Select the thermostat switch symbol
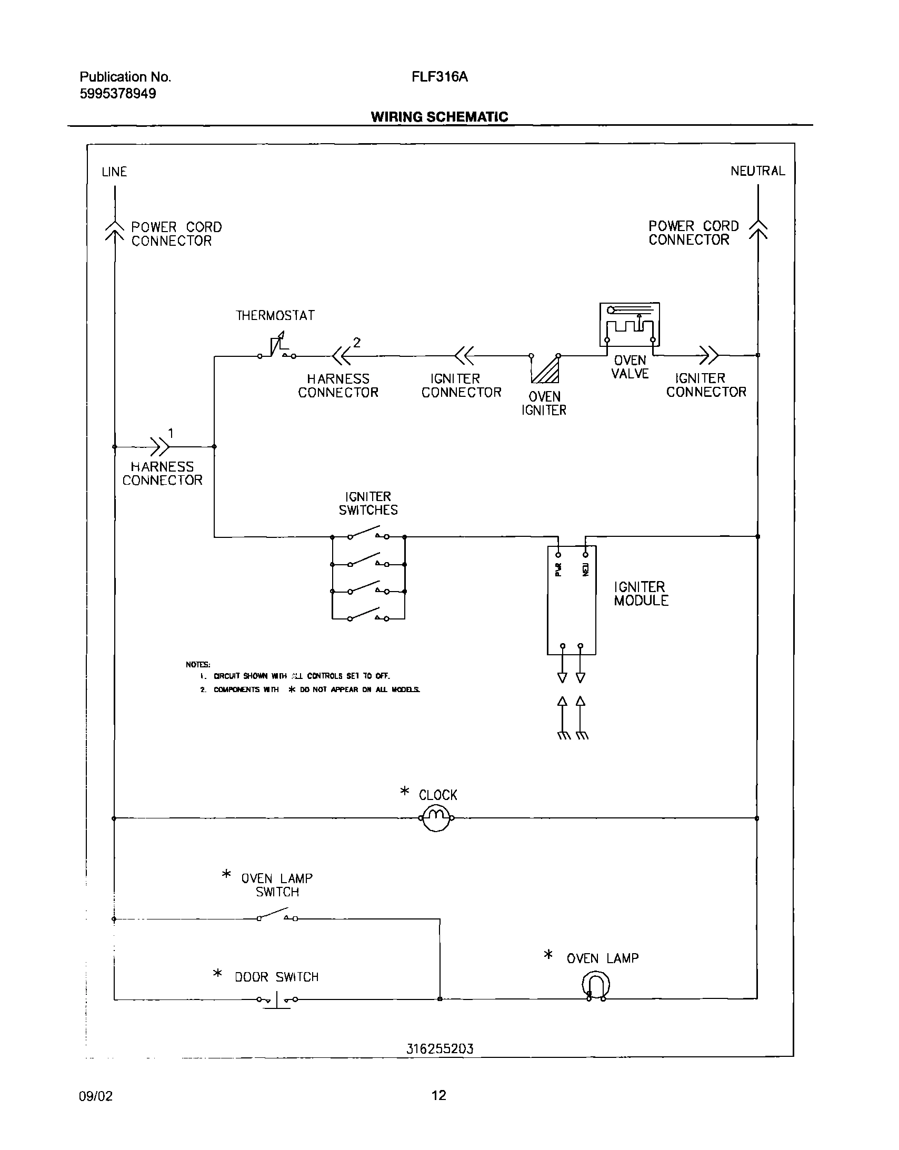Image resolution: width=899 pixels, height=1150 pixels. pos(277,348)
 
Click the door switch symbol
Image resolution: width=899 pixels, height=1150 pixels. pos(277,999)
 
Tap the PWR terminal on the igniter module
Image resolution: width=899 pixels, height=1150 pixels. pos(559,554)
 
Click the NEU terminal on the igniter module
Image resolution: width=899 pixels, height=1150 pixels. pos(585,554)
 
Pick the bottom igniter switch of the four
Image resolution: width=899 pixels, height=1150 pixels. pos(368,617)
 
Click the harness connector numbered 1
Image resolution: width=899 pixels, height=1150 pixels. pos(160,446)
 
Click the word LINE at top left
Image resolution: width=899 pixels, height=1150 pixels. pos(114,172)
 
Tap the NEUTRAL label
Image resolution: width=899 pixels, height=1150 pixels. pos(757,171)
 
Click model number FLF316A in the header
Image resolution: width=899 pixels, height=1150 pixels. pos(439,77)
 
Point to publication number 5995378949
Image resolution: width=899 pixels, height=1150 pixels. pos(118,94)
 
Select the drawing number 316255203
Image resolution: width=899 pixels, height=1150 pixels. pos(439,1049)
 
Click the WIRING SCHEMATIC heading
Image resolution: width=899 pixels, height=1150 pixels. pos(439,117)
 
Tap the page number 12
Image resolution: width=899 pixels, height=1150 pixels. pos(438,1095)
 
